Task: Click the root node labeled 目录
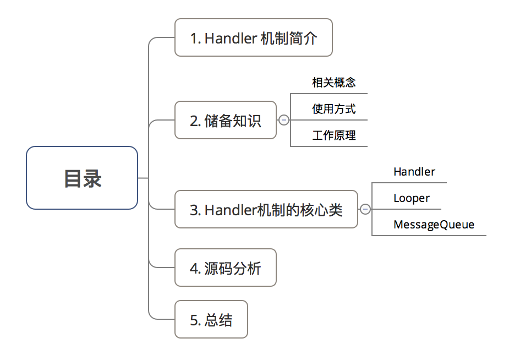point(82,178)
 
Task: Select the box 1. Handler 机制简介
point(253,37)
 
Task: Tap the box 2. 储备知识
point(225,120)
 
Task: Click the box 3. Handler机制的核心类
point(266,209)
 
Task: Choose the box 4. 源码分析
point(225,268)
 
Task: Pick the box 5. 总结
point(211,319)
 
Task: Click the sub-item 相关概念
point(333,83)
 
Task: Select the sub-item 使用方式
point(333,109)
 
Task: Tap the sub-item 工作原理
point(333,135)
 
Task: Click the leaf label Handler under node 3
point(414,172)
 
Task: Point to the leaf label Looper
point(412,198)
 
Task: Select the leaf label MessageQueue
point(434,225)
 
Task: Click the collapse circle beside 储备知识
point(284,120)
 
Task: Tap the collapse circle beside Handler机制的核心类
point(365,209)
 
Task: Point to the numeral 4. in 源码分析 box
point(195,268)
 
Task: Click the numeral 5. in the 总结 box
point(195,320)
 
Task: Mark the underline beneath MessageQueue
point(429,236)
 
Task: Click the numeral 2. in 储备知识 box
point(195,121)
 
